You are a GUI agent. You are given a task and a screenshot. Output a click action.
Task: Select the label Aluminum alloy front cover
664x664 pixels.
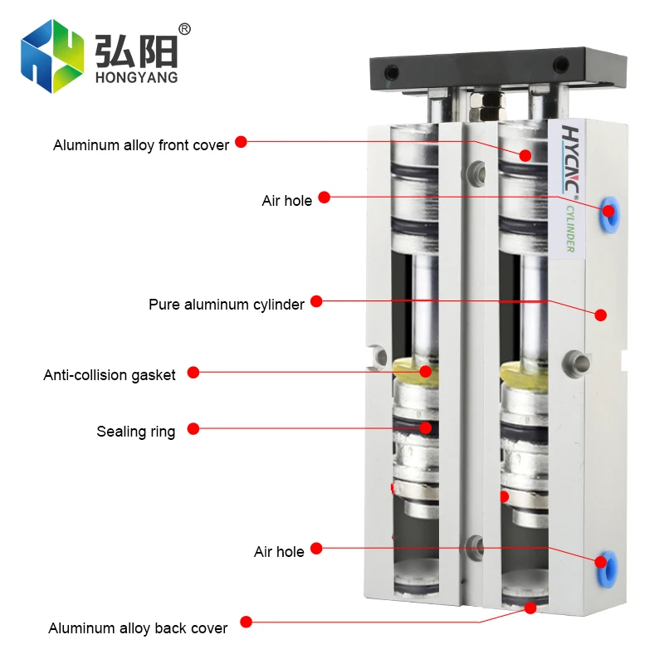(x=141, y=145)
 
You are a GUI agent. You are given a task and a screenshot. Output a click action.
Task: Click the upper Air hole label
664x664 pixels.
(x=287, y=200)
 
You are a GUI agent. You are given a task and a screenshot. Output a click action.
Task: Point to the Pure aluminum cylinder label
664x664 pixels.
(x=227, y=305)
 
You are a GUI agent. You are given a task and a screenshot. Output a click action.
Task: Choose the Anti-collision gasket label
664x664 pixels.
(x=110, y=375)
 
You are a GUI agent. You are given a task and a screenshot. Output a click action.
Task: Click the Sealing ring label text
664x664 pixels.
(x=136, y=432)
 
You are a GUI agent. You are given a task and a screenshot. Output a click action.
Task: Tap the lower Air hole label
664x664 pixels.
(x=279, y=551)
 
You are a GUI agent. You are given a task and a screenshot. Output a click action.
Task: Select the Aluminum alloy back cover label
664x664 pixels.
(x=138, y=628)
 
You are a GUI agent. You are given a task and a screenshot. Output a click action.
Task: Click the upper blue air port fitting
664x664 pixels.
(x=610, y=210)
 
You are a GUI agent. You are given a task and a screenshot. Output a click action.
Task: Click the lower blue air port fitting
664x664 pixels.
(x=601, y=562)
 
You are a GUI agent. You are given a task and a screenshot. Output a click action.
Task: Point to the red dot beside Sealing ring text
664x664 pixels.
(x=193, y=429)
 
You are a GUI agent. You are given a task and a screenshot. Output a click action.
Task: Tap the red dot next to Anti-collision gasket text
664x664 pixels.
(x=193, y=373)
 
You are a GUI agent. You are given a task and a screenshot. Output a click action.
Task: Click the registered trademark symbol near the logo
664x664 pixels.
(x=184, y=29)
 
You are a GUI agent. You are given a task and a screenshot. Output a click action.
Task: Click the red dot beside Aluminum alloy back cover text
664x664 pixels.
(x=245, y=620)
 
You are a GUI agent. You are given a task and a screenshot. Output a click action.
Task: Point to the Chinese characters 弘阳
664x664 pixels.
(x=137, y=50)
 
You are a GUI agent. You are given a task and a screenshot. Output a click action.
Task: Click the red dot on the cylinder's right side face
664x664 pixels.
(x=601, y=315)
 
